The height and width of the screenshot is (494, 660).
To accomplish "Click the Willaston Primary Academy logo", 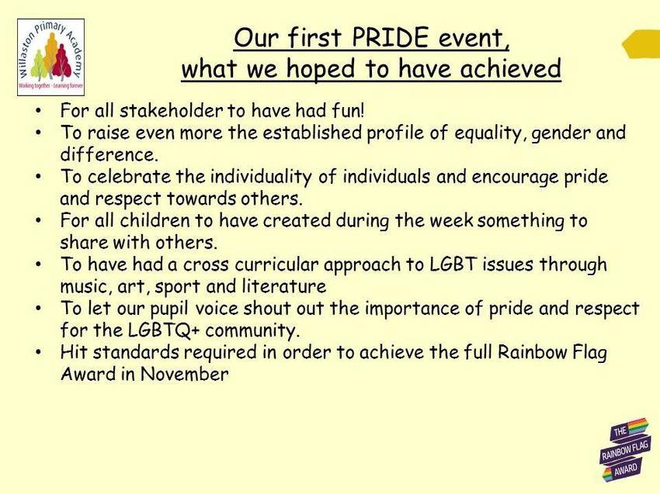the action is [x=51, y=57].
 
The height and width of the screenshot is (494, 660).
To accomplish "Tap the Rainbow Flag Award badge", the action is [x=624, y=450].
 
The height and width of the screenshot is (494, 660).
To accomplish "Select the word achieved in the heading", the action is [x=511, y=68].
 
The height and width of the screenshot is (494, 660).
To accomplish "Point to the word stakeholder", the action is [x=172, y=111].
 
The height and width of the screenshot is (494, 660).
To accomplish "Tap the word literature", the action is [x=284, y=286].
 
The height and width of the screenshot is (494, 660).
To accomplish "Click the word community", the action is [x=252, y=331].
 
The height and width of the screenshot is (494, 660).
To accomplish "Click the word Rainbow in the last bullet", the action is [x=531, y=352].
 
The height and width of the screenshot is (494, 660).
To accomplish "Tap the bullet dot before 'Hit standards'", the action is [x=39, y=352].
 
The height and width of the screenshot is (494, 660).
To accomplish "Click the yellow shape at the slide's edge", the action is [x=641, y=43].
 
